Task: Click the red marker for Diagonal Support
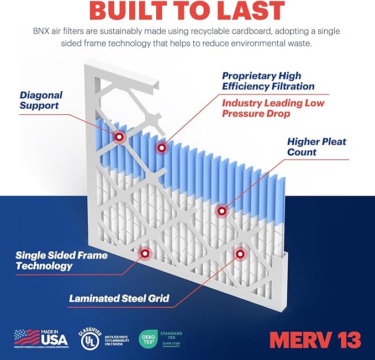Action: (119, 136)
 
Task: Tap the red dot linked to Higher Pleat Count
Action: (221, 210)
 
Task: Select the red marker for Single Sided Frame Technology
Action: (145, 253)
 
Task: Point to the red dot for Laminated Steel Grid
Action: (240, 253)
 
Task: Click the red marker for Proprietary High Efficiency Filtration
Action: (161, 147)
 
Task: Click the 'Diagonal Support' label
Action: (41, 100)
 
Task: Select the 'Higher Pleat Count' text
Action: (316, 147)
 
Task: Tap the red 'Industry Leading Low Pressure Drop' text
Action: (273, 109)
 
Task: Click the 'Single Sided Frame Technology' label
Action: (61, 261)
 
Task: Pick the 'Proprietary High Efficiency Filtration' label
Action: (268, 81)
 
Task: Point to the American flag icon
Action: (27, 337)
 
